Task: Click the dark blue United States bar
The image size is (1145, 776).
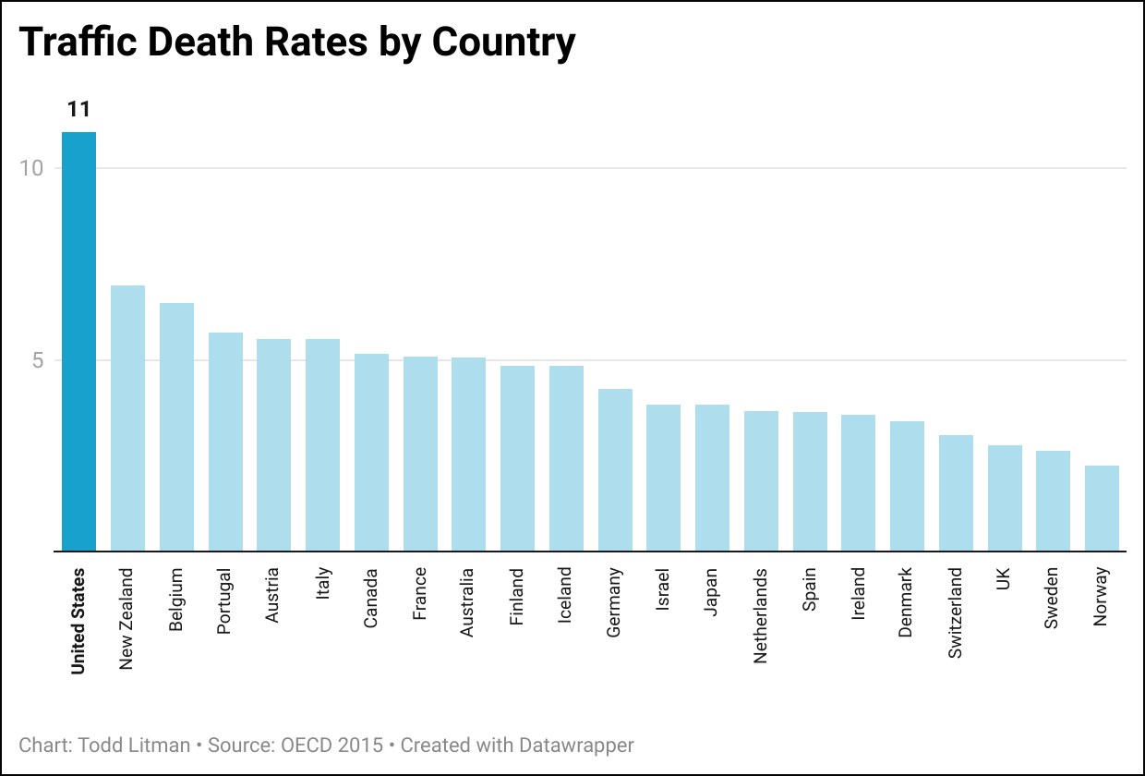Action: point(78,342)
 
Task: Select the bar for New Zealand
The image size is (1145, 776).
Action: point(127,418)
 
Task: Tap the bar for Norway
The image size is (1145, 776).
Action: point(1102,508)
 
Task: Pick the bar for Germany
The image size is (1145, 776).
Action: point(615,470)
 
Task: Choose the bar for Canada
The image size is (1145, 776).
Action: point(371,453)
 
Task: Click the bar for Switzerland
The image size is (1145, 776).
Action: point(956,493)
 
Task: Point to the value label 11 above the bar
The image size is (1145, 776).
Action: point(78,110)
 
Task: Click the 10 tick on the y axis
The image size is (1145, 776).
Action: point(31,168)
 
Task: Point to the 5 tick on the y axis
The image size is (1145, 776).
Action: point(38,360)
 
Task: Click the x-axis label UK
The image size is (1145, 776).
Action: point(1005,579)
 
